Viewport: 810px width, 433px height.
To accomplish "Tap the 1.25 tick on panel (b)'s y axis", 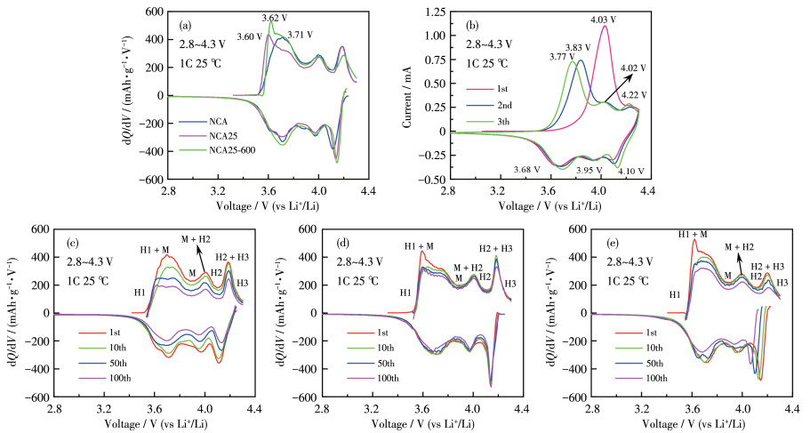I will (x=433, y=12).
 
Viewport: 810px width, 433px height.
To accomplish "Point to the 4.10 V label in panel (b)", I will (x=632, y=170).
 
